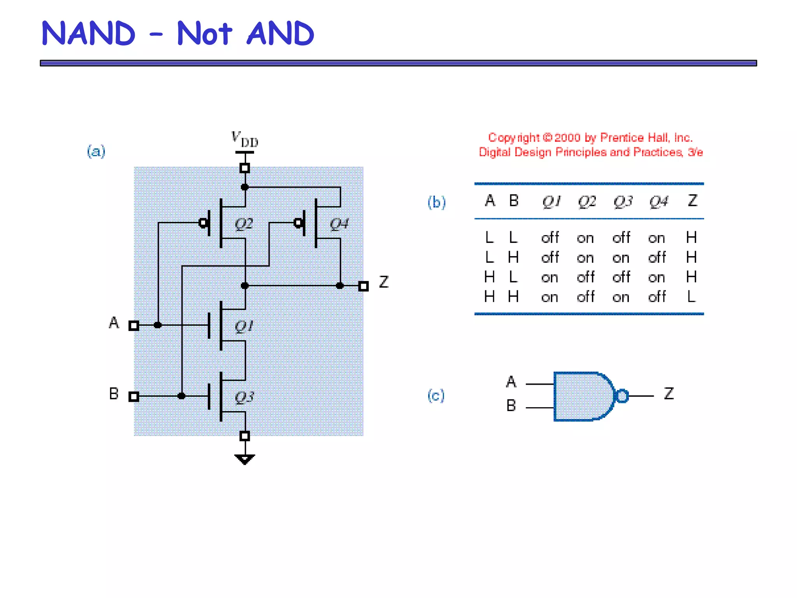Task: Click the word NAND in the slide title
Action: tap(88, 33)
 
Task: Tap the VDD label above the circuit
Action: tap(244, 139)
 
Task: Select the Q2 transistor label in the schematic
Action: tap(244, 224)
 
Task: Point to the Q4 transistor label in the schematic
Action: tap(339, 224)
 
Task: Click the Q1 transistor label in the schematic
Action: tap(244, 326)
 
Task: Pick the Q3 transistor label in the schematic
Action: tap(244, 397)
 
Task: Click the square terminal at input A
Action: tap(134, 325)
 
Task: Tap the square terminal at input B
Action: tap(134, 396)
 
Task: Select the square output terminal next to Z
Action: tap(363, 286)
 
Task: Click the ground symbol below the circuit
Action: tap(245, 459)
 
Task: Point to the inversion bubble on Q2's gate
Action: tap(203, 223)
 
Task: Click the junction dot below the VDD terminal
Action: tap(245, 187)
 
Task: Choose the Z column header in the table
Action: tap(692, 201)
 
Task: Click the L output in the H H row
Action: tap(691, 297)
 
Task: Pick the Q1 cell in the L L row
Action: tap(550, 237)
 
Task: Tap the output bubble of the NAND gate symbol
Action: tap(622, 396)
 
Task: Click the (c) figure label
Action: tap(436, 396)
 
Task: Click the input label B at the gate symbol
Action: tap(511, 406)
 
